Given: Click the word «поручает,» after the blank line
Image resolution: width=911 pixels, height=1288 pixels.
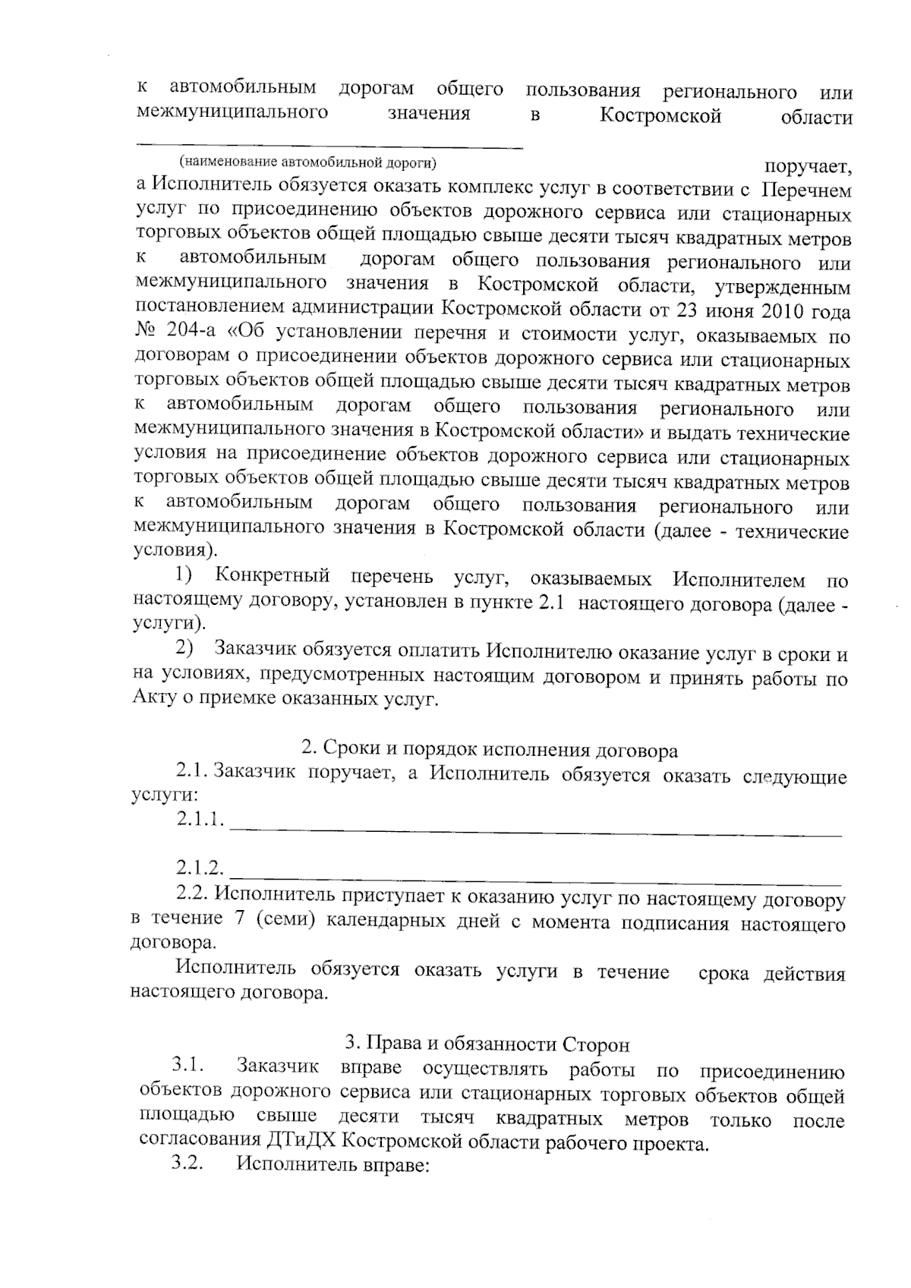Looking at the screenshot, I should pos(808,165).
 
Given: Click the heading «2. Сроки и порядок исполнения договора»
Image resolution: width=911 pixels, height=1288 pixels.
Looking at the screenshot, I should pos(489,750).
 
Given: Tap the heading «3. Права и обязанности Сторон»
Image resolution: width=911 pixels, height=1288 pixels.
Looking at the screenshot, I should pos(487,1044).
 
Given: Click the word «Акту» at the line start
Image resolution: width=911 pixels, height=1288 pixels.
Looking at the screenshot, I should pos(154,698).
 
